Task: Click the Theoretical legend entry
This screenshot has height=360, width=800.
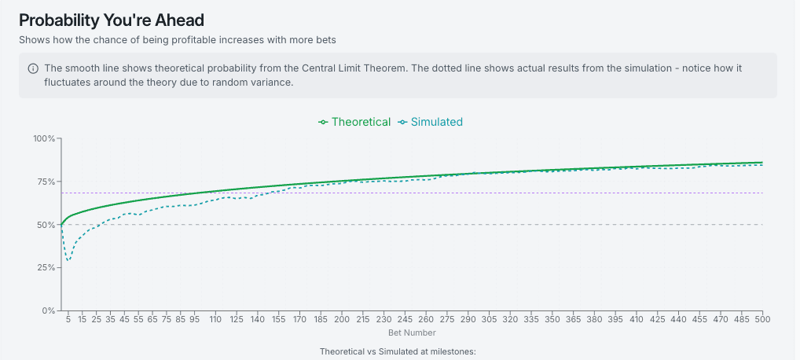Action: tap(354, 122)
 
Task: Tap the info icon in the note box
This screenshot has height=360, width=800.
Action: tap(33, 68)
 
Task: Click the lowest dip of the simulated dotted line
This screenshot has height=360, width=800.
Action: tap(68, 260)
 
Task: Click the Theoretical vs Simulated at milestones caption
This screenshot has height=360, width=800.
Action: tap(398, 351)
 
